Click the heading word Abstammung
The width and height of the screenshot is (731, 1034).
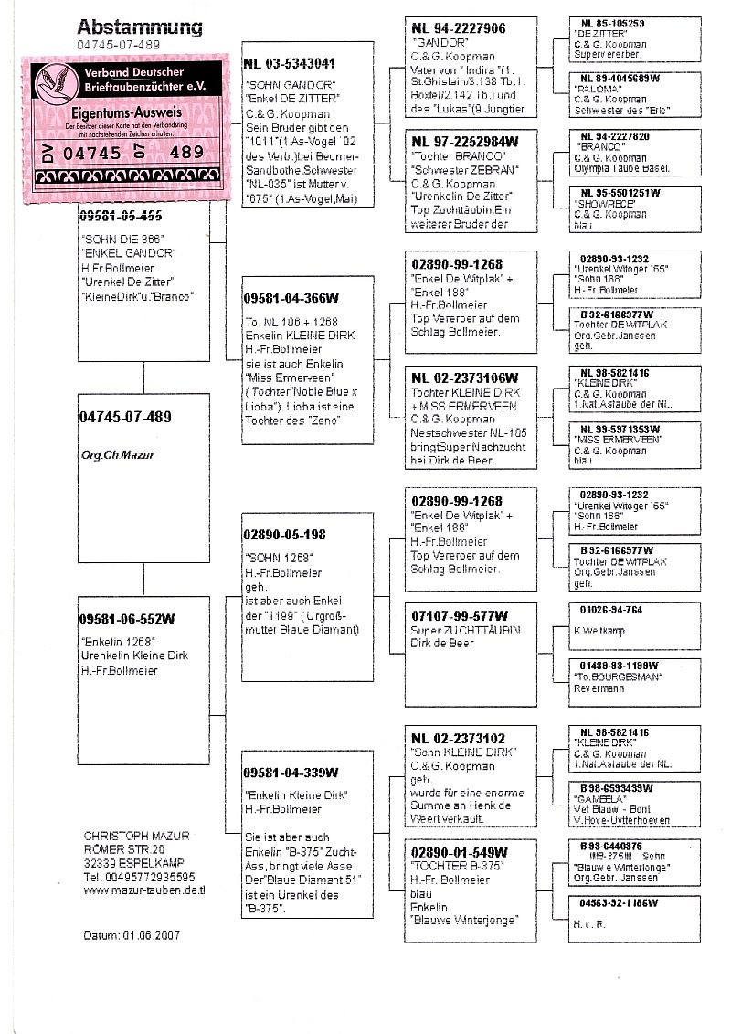tap(139, 27)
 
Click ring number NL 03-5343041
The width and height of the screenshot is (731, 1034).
tap(289, 64)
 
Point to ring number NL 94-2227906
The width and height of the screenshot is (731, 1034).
tap(458, 29)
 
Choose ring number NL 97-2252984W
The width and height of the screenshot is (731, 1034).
tap(464, 142)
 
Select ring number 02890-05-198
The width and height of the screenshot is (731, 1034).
tap(284, 535)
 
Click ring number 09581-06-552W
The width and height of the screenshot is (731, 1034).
tap(127, 619)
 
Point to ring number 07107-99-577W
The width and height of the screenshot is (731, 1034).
tap(460, 615)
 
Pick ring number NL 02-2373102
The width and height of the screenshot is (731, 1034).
tap(459, 738)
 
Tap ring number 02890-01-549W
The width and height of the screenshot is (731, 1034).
tap(460, 852)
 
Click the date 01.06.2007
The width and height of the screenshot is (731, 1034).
tap(148, 936)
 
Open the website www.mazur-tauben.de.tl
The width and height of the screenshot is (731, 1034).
tap(143, 889)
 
